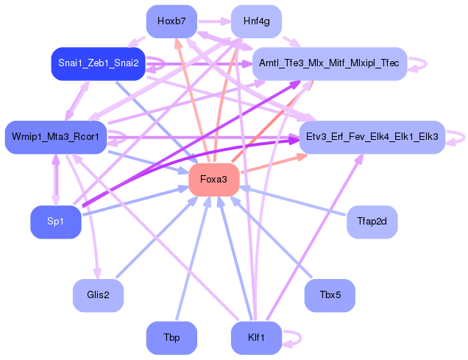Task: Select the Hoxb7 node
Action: tap(171, 21)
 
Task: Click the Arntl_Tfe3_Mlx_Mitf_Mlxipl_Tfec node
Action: tap(329, 64)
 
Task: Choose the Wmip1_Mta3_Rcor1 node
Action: tap(56, 137)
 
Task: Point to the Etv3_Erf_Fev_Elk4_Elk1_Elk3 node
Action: tap(372, 137)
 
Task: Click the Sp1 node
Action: tap(55, 222)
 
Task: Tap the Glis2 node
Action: tap(98, 295)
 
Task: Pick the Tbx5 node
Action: tap(330, 295)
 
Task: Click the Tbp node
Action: tap(171, 338)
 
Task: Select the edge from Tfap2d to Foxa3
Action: tap(294, 200)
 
